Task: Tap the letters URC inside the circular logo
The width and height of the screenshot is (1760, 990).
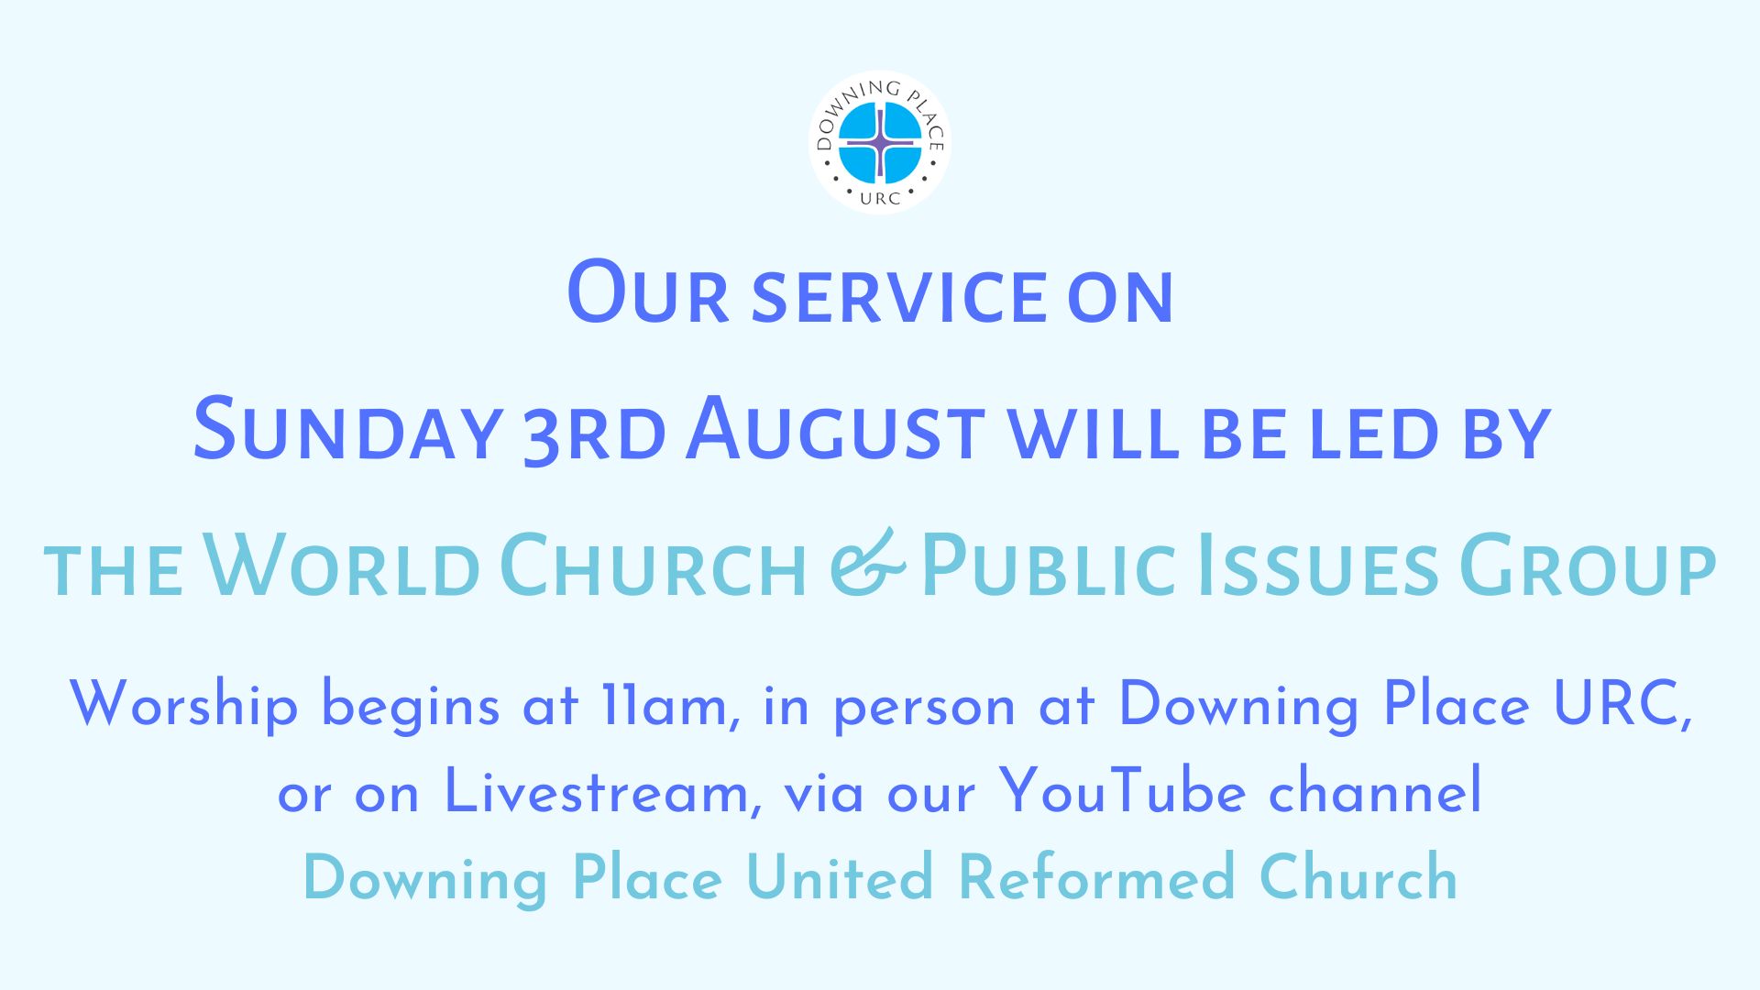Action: point(880,197)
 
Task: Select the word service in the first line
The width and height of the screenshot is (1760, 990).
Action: point(899,297)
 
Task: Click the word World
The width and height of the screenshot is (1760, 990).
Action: point(341,565)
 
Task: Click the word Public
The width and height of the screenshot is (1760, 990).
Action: point(1048,565)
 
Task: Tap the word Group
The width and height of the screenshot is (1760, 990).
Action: point(1587,565)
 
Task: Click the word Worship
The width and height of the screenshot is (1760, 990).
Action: point(183,705)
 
